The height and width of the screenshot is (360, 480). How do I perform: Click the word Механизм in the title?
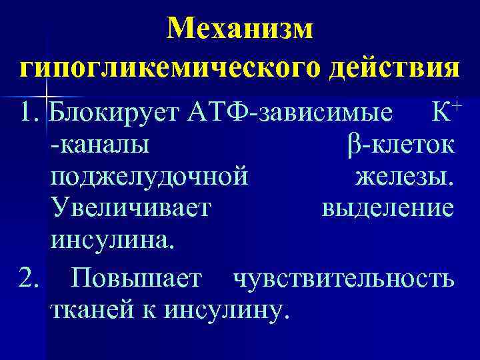click(x=239, y=28)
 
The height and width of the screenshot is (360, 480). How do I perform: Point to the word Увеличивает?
click(x=131, y=209)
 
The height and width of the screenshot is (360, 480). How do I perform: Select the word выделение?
click(x=388, y=209)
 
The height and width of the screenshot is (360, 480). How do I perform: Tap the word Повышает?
click(x=136, y=278)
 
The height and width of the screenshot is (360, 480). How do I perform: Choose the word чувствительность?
click(x=343, y=278)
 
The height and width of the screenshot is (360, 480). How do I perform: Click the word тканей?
click(x=86, y=309)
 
